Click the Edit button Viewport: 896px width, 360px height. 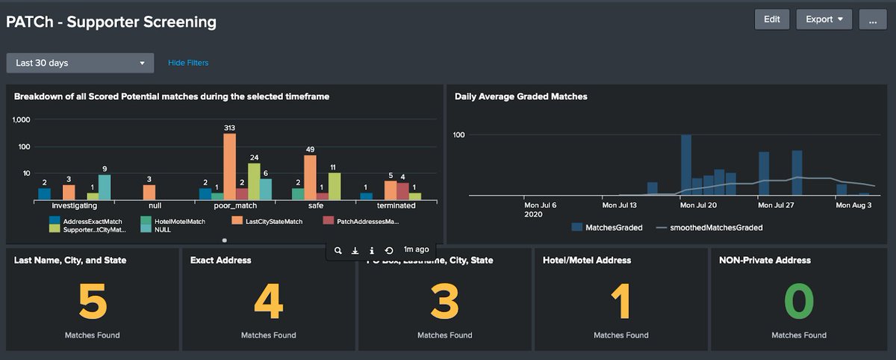(x=772, y=19)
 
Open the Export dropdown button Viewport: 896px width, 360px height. (x=824, y=19)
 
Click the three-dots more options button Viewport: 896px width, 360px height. (x=872, y=19)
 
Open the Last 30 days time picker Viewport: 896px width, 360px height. (x=80, y=63)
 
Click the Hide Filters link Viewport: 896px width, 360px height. (x=188, y=63)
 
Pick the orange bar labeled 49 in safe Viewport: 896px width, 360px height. (x=310, y=177)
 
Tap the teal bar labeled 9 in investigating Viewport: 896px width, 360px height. (x=105, y=187)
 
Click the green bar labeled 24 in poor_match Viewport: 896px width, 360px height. (x=254, y=181)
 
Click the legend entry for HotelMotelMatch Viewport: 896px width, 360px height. (x=172, y=221)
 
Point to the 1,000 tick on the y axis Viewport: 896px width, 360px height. (x=22, y=120)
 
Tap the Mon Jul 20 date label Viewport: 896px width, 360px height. (x=700, y=204)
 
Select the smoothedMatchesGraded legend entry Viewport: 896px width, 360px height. (x=709, y=227)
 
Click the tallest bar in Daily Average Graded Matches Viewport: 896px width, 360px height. (x=686, y=165)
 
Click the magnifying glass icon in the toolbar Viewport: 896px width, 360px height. (x=338, y=250)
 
